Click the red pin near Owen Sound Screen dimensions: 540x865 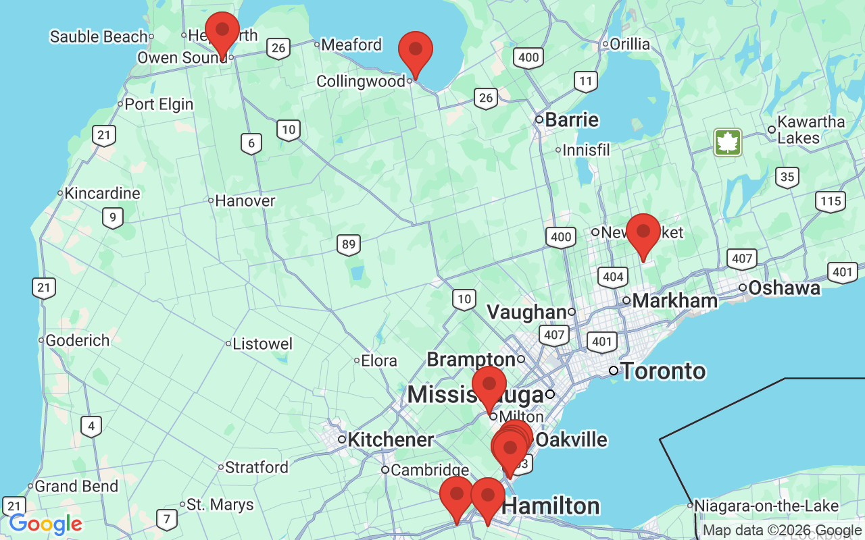tap(222, 30)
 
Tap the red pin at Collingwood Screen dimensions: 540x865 tap(416, 50)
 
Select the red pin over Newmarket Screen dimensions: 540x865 tap(643, 232)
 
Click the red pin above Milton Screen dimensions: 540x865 tap(489, 385)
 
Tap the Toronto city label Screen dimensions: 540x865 tap(663, 371)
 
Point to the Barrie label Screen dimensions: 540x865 tap(572, 120)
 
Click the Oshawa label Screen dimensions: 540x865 tap(784, 288)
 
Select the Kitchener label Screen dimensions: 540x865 tap(391, 439)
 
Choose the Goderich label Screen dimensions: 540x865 tap(78, 340)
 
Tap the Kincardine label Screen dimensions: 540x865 tap(103, 193)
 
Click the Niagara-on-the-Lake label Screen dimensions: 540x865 tap(766, 506)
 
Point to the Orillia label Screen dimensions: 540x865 tap(630, 45)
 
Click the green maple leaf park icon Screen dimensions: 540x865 tap(728, 142)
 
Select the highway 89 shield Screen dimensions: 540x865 tap(349, 244)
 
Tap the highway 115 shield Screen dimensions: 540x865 tap(830, 200)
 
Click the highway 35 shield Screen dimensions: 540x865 tap(787, 178)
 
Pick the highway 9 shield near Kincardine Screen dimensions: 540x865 tap(113, 217)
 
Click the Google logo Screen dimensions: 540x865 tap(45, 524)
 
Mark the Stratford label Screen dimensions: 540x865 tap(257, 467)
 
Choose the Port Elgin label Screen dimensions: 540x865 tap(159, 104)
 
